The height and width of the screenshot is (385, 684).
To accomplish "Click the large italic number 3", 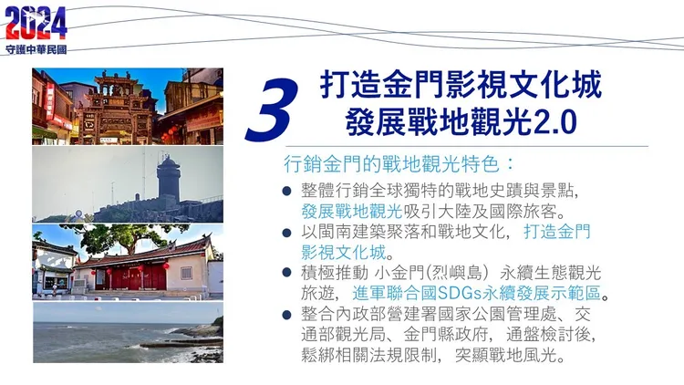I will (x=273, y=109).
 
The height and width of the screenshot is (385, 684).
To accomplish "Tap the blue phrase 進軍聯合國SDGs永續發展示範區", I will (x=478, y=294).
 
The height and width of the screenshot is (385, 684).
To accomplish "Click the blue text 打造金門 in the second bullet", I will (x=555, y=232).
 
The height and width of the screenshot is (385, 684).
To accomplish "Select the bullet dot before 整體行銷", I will (x=286, y=191).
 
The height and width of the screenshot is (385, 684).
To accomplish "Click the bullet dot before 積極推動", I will (x=286, y=274).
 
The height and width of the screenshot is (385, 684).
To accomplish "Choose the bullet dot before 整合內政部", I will (x=286, y=315).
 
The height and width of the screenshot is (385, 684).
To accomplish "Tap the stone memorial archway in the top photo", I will (x=114, y=108).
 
